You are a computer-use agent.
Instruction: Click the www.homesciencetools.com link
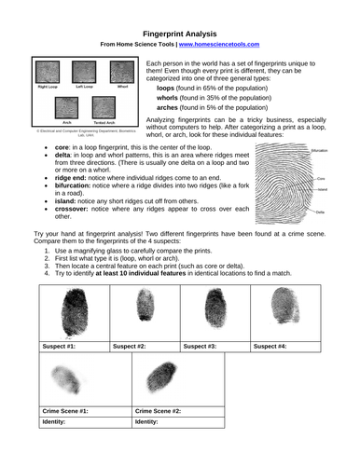click(219, 44)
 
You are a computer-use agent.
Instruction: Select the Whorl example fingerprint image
click(121, 74)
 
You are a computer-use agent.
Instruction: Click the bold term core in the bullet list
click(63, 147)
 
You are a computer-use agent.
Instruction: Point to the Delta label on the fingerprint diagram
click(320, 212)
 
